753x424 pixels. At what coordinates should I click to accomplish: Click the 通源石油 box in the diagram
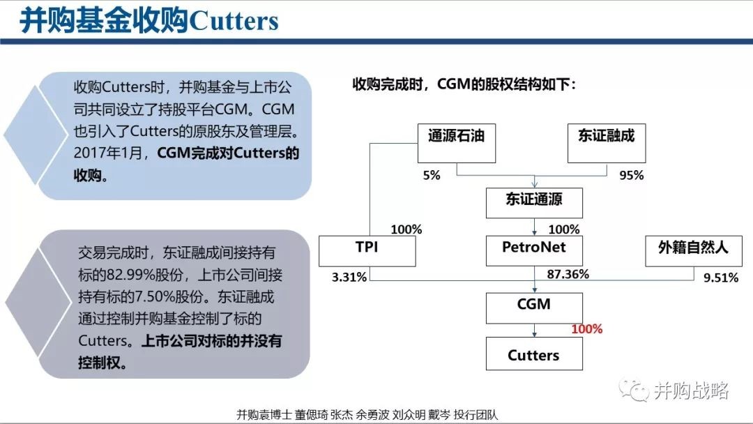(x=456, y=143)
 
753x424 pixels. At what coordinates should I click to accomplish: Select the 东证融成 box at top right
(x=607, y=143)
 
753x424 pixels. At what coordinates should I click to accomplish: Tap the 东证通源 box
(x=534, y=203)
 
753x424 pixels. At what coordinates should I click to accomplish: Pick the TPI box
(x=367, y=251)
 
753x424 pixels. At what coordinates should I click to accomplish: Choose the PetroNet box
(x=534, y=250)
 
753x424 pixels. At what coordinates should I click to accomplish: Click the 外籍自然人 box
(x=694, y=251)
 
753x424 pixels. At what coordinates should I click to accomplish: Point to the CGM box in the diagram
(x=534, y=308)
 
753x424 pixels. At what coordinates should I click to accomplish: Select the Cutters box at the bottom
(x=534, y=354)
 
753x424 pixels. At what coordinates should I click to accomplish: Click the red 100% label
(x=587, y=329)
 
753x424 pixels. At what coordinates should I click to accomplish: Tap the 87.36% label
(x=568, y=274)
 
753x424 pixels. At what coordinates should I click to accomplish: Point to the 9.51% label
(x=721, y=278)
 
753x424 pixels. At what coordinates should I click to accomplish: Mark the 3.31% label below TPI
(x=349, y=277)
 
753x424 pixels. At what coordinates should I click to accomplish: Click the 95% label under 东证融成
(x=632, y=175)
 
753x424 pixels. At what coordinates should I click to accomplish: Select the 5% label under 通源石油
(x=432, y=175)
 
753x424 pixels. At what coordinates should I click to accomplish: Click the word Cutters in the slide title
(x=234, y=21)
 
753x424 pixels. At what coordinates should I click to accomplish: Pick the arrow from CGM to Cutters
(x=535, y=331)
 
